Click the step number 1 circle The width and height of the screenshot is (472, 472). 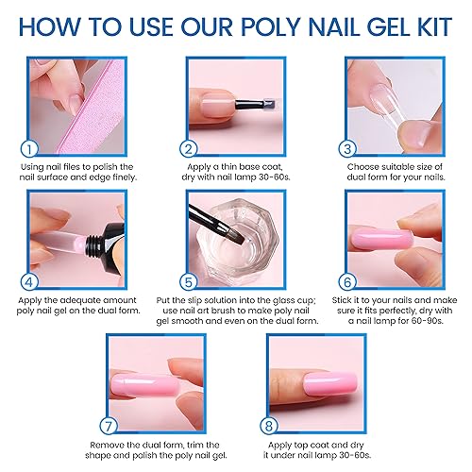28,148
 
